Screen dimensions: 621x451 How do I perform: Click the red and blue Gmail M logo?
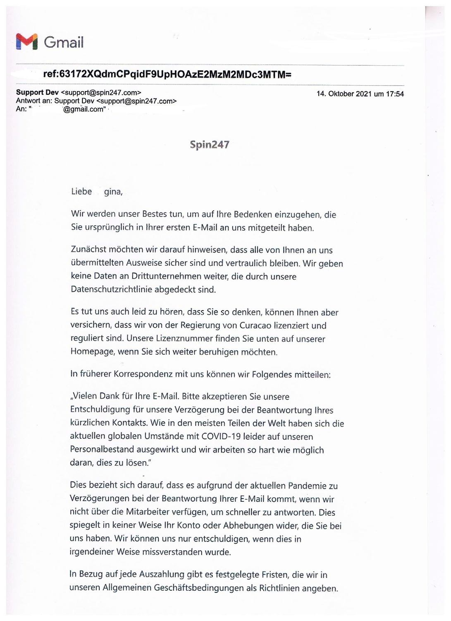[26, 41]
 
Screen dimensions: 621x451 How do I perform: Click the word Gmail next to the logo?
[64, 42]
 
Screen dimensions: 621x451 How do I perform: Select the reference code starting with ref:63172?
[167, 75]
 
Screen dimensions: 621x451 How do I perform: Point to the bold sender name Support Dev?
[37, 92]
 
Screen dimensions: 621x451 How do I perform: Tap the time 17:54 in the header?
[395, 94]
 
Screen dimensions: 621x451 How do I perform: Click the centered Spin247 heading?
[209, 144]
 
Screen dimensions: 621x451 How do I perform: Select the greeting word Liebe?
[81, 192]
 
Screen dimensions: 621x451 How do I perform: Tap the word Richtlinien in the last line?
[279, 588]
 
